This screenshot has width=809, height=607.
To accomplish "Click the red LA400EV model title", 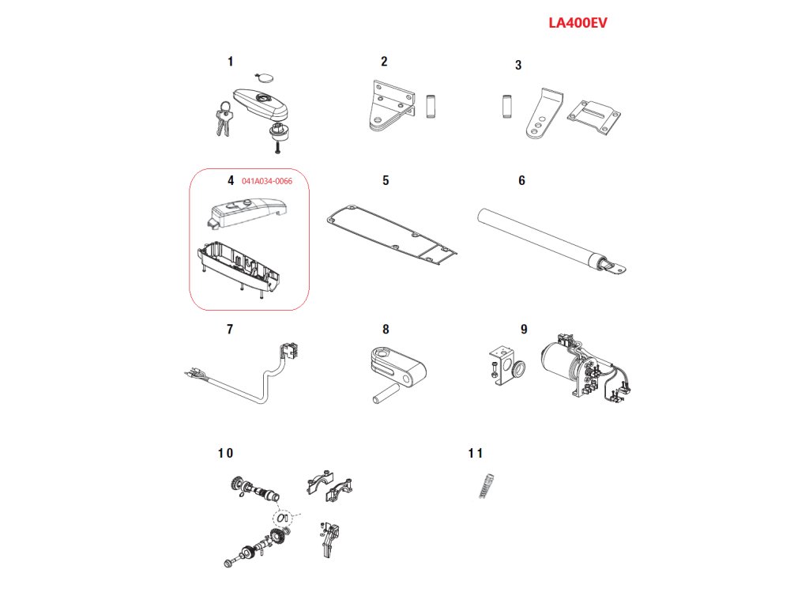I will pos(578,23).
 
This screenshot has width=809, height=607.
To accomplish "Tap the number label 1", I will pos(230,61).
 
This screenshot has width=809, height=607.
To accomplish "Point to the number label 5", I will pos(386,180).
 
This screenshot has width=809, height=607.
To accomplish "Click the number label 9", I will pos(523,329).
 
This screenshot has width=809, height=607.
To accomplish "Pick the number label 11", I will pos(475,453).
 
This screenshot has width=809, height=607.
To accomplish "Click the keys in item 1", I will pos(222,118).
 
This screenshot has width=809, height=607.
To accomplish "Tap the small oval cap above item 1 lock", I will pos(263,78).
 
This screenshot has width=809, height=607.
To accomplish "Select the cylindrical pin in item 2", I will pos(431,107).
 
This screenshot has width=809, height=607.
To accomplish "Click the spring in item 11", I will pos(486,484).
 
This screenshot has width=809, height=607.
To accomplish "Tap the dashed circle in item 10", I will pos(282,518).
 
